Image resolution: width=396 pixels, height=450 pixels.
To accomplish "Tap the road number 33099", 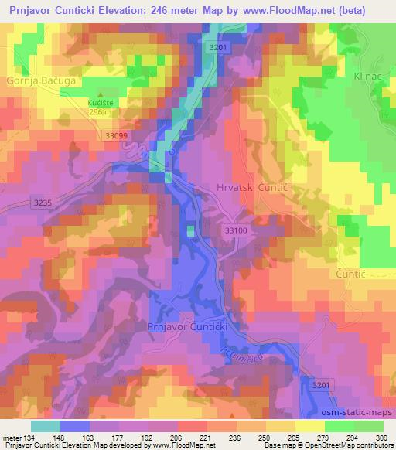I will point(116,135).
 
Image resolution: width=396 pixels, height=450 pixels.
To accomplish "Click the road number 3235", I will point(44,203).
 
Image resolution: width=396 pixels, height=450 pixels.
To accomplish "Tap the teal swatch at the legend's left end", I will point(45,426).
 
